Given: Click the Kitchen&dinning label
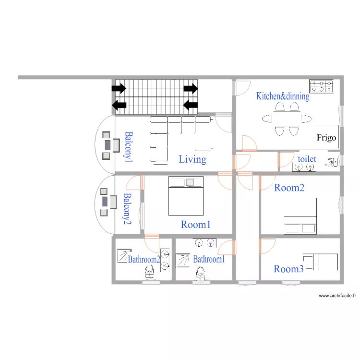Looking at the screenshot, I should (282, 96).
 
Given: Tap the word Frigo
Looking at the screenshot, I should (326, 138).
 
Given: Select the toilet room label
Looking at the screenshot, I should (307, 159).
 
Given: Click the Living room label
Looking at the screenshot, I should (192, 159).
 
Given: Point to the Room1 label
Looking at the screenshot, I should (196, 224).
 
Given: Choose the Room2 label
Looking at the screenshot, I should (289, 188).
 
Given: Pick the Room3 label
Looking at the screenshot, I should (288, 269).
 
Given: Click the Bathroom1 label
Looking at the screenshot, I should (209, 259).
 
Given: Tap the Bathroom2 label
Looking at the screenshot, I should (144, 259).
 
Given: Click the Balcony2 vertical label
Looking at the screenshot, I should (127, 209).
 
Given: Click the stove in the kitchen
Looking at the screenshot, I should (321, 86).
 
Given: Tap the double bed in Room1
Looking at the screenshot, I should (186, 196).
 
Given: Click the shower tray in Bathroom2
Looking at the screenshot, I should (124, 256).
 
